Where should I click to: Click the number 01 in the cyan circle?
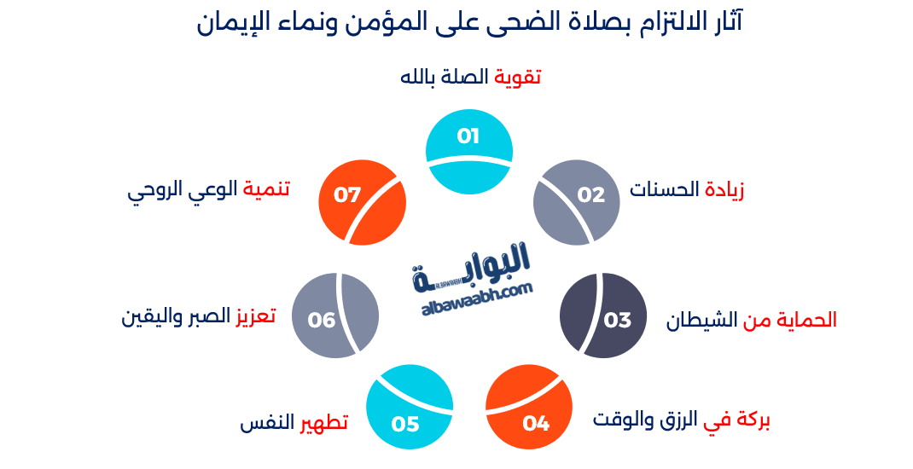click(x=468, y=136)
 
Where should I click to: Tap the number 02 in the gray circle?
click(x=590, y=194)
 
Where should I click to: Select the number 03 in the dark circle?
click(x=617, y=320)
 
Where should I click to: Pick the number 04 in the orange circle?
click(x=536, y=423)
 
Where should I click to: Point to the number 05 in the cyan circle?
click(x=405, y=423)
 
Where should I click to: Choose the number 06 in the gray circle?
click(x=322, y=320)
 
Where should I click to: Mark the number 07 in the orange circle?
click(x=347, y=194)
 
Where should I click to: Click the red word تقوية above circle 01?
click(x=518, y=77)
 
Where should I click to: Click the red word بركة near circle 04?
click(x=751, y=420)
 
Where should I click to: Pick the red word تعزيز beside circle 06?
click(x=255, y=316)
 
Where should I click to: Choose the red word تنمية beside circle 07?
click(x=266, y=189)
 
